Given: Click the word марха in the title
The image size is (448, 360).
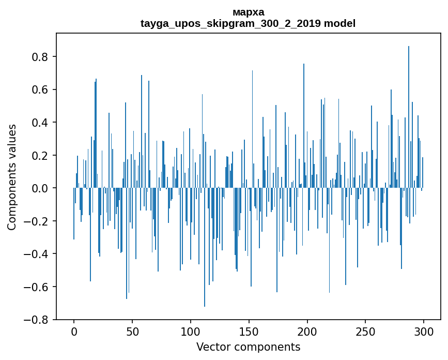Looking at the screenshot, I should [x=248, y=12].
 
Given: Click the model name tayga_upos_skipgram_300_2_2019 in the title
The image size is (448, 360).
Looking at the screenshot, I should [x=231, y=24].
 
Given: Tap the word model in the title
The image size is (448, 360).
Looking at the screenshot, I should [x=339, y=24].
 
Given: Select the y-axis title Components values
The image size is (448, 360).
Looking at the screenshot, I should [x=12, y=177].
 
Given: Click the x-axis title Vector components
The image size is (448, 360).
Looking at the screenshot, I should [x=248, y=347].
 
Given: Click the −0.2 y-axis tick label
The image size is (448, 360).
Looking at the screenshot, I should [x=38, y=221].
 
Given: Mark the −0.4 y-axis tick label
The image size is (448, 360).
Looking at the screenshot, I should [x=38, y=254].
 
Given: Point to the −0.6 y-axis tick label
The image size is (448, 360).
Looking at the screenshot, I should [x=38, y=287].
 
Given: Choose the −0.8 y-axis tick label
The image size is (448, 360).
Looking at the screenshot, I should [x=38, y=320].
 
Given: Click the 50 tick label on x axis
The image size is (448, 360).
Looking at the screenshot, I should [x=132, y=331].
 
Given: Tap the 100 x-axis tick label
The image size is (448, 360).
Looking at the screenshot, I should [x=191, y=331].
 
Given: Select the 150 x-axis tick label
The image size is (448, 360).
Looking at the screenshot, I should [x=249, y=331].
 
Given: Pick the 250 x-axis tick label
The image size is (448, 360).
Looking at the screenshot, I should [x=366, y=331].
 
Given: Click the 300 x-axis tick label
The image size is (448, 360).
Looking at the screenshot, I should [x=424, y=331].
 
